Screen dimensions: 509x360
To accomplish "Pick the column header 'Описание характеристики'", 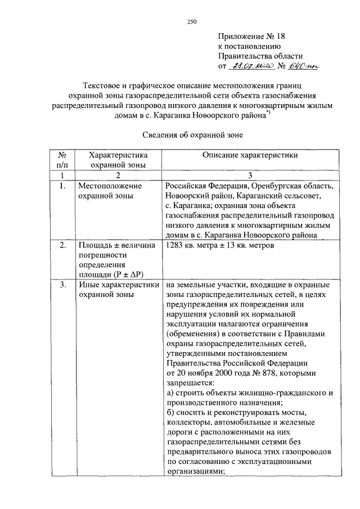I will [x=251, y=155].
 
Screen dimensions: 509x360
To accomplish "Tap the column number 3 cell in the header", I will [x=251, y=175].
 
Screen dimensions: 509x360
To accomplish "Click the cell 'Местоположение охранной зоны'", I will [x=110, y=191].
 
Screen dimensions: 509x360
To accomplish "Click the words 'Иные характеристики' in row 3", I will [x=116, y=285].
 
